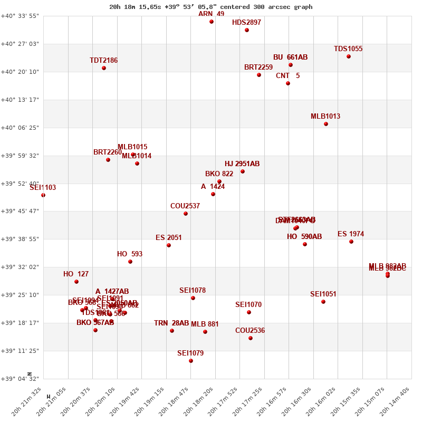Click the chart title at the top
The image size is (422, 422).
click(210, 7)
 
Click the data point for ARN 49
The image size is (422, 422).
click(212, 22)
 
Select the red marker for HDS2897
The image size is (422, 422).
click(247, 30)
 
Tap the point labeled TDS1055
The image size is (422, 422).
click(349, 56)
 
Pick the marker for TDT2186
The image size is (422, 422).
click(104, 68)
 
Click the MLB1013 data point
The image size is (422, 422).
click(326, 124)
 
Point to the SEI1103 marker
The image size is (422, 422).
click(43, 195)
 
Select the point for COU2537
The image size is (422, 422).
click(186, 214)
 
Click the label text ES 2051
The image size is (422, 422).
click(169, 238)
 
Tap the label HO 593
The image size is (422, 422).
click(130, 254)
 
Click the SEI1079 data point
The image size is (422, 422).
click(191, 361)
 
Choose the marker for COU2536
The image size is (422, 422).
click(251, 338)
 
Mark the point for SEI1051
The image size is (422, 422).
click(323, 302)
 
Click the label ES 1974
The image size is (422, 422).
click(351, 234)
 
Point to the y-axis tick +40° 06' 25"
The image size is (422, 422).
click(20, 128)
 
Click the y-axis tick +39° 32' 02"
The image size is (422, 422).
click(20, 267)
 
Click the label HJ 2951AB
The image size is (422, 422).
click(242, 164)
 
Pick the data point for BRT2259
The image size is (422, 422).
click(259, 75)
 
